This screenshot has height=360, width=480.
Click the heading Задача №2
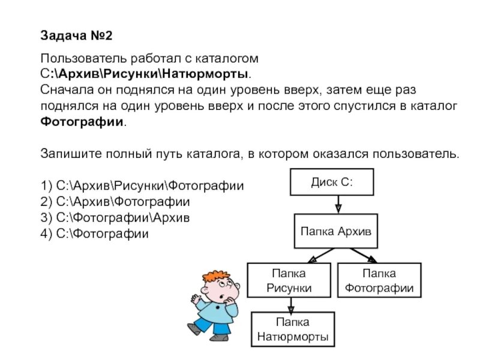(76, 36)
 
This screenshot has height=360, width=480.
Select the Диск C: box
(332, 182)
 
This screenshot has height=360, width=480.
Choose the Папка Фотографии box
(379, 280)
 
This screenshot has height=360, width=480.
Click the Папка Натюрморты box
(292, 329)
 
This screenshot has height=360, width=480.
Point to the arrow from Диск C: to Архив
(338, 204)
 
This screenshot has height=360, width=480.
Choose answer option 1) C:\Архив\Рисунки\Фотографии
(142, 185)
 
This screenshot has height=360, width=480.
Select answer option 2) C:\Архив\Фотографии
(115, 202)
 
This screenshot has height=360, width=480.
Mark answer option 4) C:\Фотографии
(94, 233)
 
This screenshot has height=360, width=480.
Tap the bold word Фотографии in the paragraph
(83, 121)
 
